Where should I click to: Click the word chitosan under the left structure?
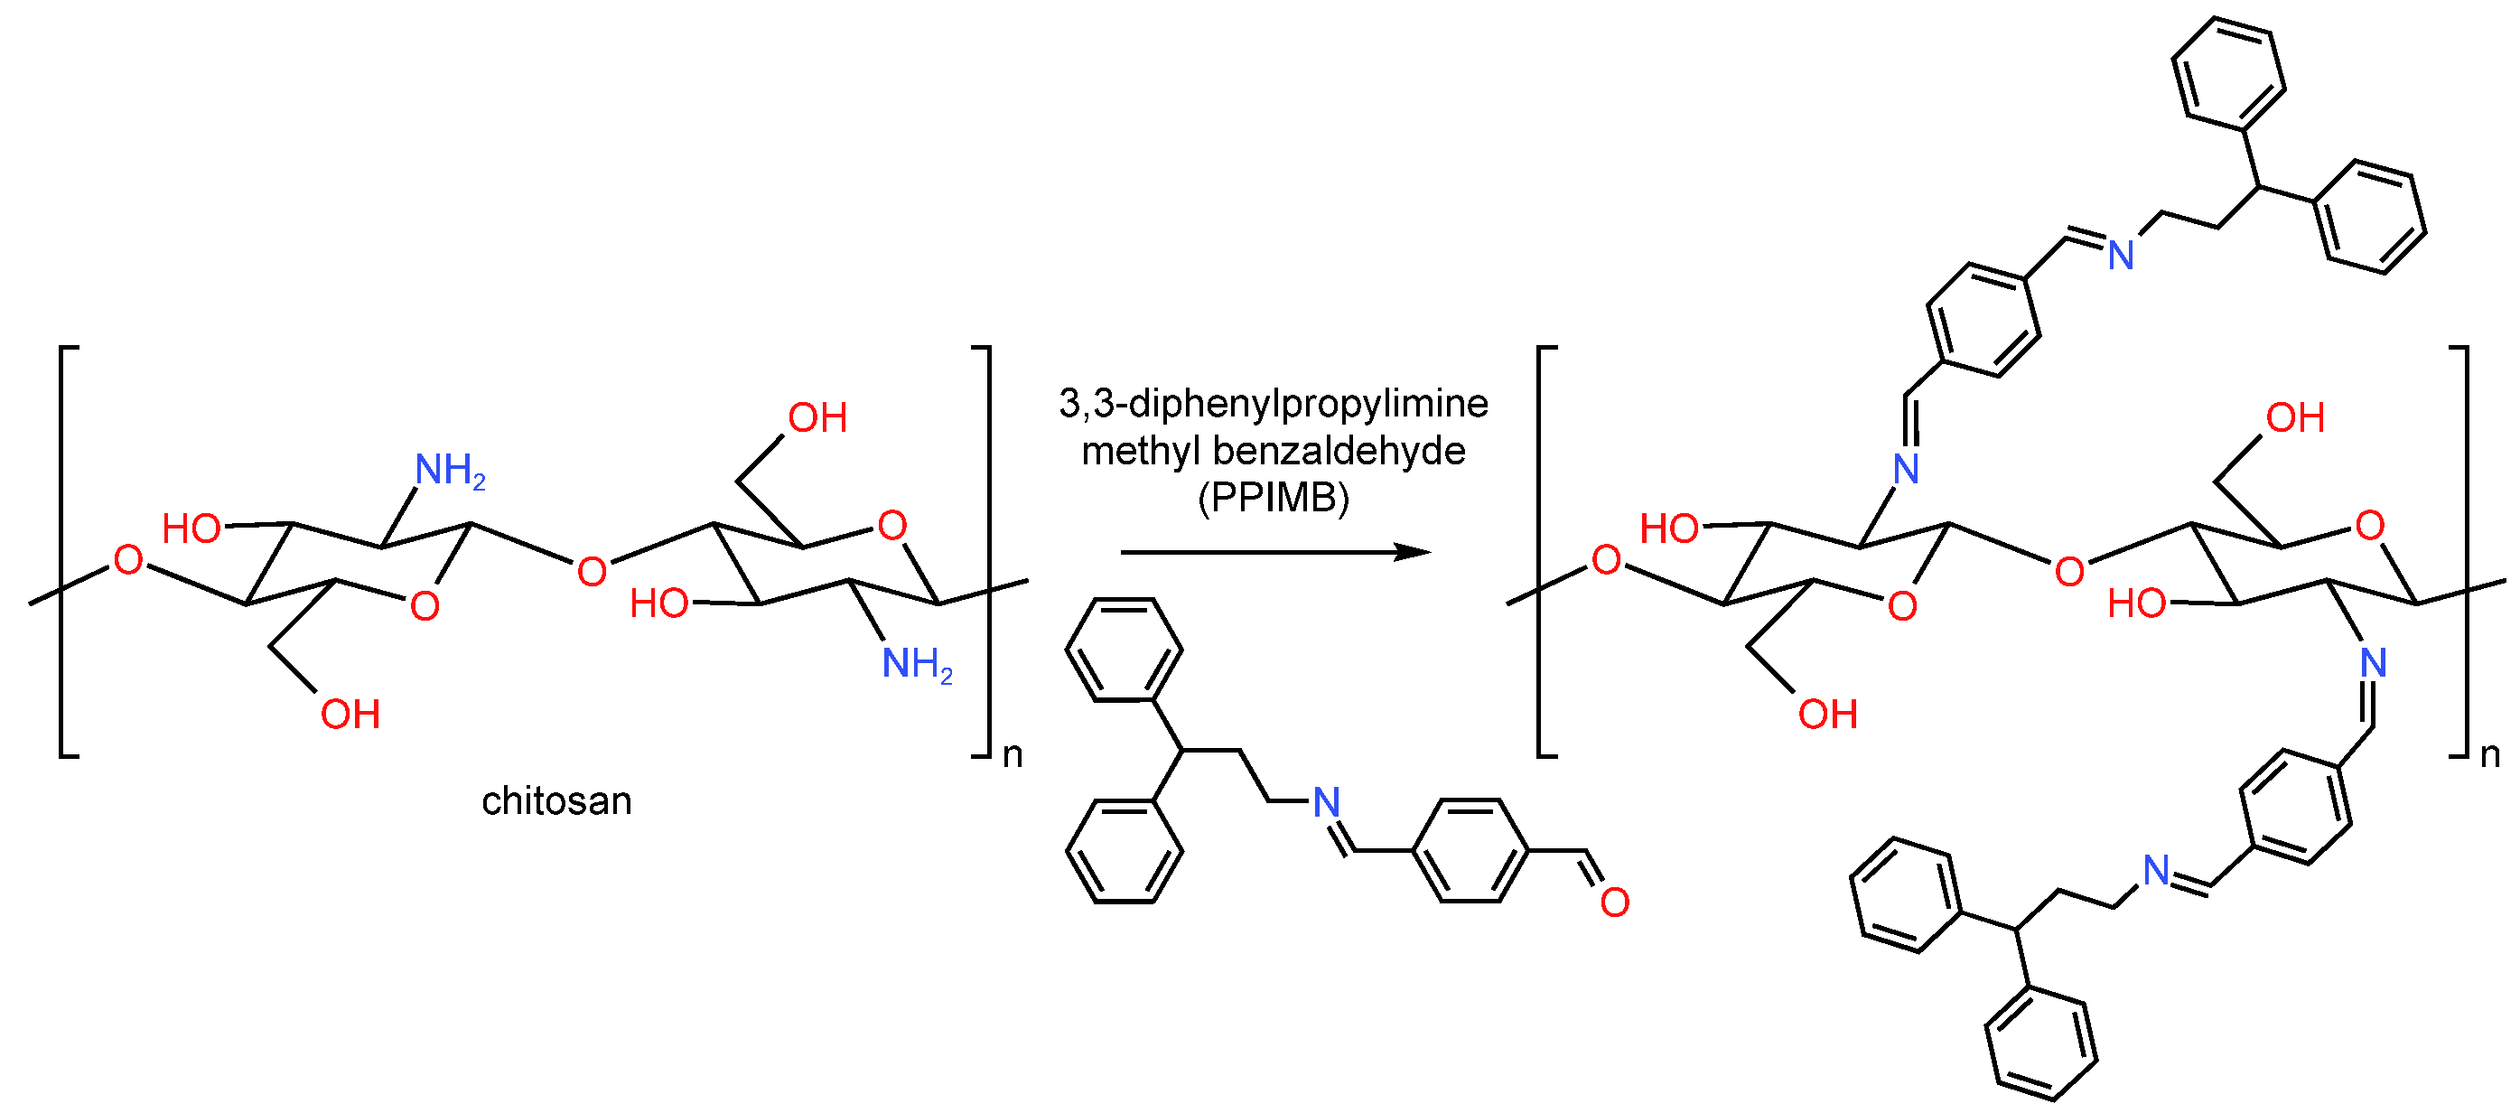(556, 801)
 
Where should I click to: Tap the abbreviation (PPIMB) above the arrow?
(1274, 498)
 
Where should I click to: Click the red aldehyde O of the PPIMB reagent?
(1614, 902)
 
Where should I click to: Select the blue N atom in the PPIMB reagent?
(1326, 803)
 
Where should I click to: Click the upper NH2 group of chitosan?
(449, 471)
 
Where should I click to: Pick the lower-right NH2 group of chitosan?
(917, 664)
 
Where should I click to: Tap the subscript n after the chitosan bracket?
(1013, 755)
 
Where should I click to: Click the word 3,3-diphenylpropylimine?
(1274, 403)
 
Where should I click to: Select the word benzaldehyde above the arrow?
(1339, 451)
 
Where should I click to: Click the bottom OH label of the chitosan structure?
(350, 715)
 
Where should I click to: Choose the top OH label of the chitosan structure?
(817, 418)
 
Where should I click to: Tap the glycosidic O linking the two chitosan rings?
(591, 571)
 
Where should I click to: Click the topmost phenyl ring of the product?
(2228, 73)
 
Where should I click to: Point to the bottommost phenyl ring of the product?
(2040, 1043)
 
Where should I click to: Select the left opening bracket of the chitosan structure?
(64, 551)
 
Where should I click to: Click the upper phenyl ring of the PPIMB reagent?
(1124, 650)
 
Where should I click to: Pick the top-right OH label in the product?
(2295, 418)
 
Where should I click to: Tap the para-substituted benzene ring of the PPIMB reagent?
(1471, 851)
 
